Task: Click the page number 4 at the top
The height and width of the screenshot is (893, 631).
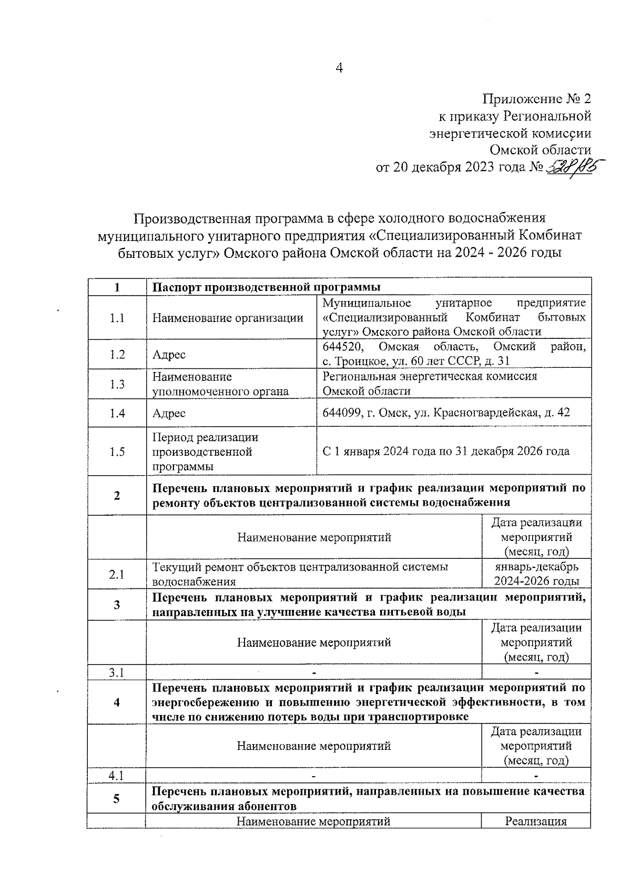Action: (x=339, y=69)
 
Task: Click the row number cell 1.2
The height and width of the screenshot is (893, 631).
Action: (x=117, y=354)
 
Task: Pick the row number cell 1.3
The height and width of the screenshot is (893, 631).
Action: (x=117, y=384)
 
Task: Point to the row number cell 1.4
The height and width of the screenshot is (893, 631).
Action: (x=117, y=413)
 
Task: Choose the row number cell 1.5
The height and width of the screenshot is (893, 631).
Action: (x=117, y=451)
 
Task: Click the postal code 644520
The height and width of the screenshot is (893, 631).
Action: (x=342, y=347)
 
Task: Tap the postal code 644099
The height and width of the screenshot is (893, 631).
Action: (x=342, y=413)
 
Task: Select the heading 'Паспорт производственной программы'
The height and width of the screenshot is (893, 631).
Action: (x=266, y=287)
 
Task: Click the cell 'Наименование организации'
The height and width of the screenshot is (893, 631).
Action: (x=228, y=318)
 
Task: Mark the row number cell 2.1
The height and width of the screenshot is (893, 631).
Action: (x=117, y=574)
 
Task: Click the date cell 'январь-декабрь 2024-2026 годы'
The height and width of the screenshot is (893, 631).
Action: (x=536, y=574)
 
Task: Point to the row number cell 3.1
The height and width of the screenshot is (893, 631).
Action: (x=117, y=673)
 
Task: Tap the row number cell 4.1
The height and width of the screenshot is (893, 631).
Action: (x=117, y=776)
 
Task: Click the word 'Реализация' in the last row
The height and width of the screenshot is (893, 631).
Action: (x=536, y=821)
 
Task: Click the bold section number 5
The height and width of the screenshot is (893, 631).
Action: (x=117, y=799)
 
